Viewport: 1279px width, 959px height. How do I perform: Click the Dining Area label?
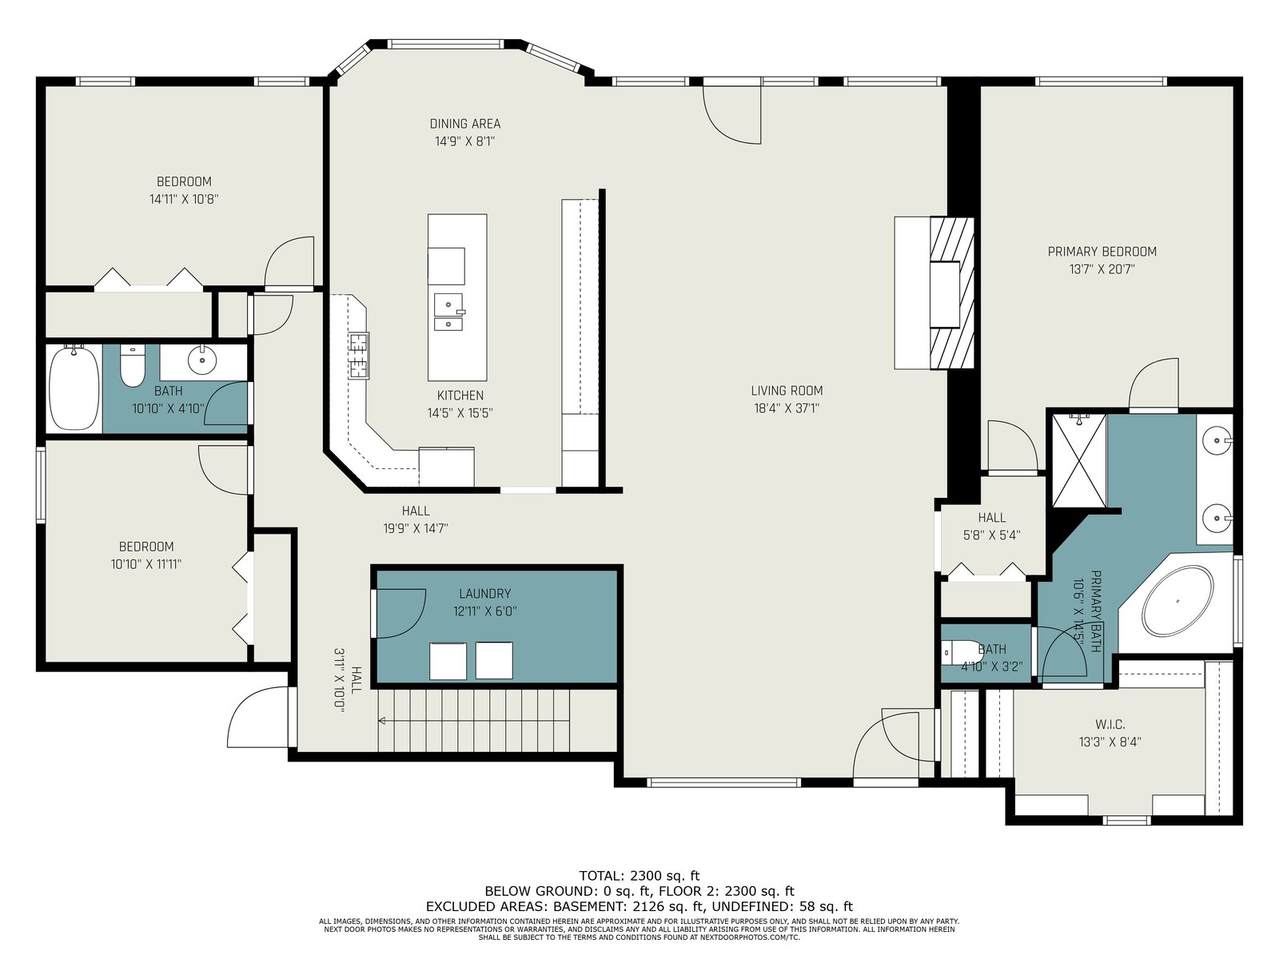[x=465, y=123]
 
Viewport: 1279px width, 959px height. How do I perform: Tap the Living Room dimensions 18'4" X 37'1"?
[x=787, y=408]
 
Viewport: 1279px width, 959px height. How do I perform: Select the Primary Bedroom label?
[x=1102, y=252]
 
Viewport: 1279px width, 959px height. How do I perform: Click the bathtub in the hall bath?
[x=74, y=388]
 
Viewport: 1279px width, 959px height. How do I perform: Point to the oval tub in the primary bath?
[x=1177, y=600]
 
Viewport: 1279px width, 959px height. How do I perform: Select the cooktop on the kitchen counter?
[x=359, y=356]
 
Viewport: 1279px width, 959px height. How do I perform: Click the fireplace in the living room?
[x=951, y=292]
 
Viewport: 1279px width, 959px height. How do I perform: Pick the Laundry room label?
[x=484, y=593]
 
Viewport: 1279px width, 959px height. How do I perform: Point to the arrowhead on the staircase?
[x=381, y=721]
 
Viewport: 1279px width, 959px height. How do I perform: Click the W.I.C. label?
[x=1110, y=724]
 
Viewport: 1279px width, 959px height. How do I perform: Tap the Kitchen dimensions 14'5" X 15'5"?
[x=460, y=413]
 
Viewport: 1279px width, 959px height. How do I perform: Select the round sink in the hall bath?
[x=202, y=360]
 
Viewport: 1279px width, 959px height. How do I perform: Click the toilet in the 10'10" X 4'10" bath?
[x=133, y=366]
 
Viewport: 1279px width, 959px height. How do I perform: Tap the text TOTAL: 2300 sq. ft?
[x=639, y=876]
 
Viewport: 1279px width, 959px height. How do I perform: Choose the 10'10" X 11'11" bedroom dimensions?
[x=146, y=564]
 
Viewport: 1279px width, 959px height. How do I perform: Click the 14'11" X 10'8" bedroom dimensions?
[x=184, y=199]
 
